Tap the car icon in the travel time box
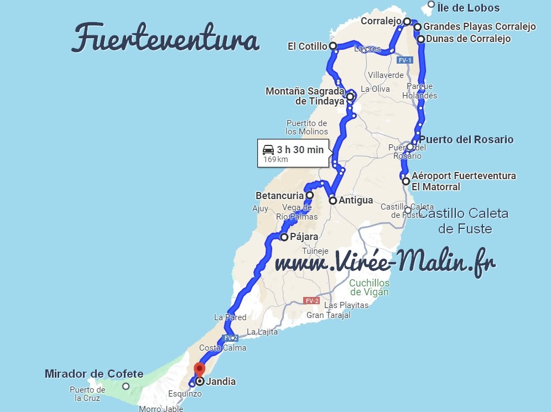[x=268, y=149]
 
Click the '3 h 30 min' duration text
[x=301, y=149]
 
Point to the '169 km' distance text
[x=275, y=159]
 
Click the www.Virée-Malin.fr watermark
[x=385, y=261]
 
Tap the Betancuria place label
[x=279, y=195]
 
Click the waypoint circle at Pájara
[x=284, y=237]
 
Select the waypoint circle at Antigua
[x=332, y=201]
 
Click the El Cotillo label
[x=307, y=46]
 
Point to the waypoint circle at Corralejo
[x=407, y=22]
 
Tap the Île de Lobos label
[x=468, y=8]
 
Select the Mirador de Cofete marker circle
[x=126, y=387]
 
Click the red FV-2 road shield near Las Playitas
[x=311, y=301]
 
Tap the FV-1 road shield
[x=405, y=60]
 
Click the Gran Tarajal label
[x=329, y=315]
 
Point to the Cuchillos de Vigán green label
[x=369, y=288]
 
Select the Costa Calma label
[x=222, y=348]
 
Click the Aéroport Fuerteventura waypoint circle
[x=406, y=181]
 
